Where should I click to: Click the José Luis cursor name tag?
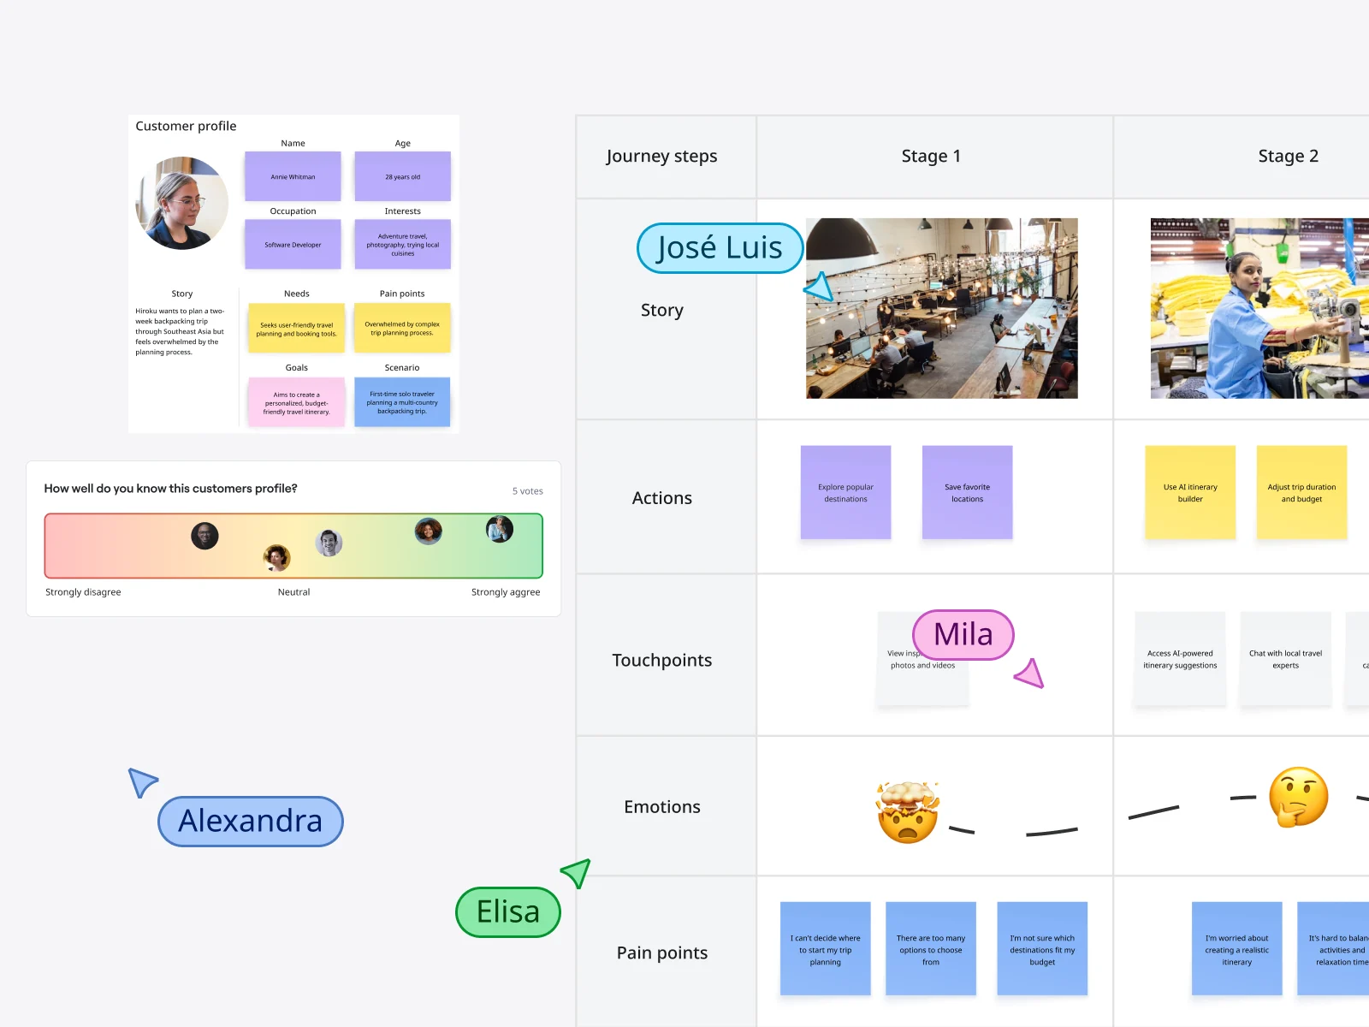[720, 248]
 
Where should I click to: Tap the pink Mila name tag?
[963, 635]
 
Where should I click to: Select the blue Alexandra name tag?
[251, 822]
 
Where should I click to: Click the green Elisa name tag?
[508, 912]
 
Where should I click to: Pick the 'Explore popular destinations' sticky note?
[845, 492]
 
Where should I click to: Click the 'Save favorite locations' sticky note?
[967, 492]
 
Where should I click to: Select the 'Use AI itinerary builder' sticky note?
[1190, 492]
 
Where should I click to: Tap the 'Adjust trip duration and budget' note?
[1301, 492]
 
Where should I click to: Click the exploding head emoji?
[908, 812]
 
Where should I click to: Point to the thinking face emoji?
[1298, 797]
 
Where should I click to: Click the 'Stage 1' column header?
[931, 157]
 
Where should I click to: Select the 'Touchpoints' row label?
[662, 661]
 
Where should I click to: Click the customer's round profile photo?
[182, 204]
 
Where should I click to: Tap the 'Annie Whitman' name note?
[293, 176]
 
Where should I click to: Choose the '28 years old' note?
[402, 176]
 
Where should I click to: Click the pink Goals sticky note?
[296, 402]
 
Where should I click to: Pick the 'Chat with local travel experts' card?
[1285, 658]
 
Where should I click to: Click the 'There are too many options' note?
[931, 948]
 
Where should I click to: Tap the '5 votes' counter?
[528, 491]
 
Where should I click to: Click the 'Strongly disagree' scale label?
[83, 592]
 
